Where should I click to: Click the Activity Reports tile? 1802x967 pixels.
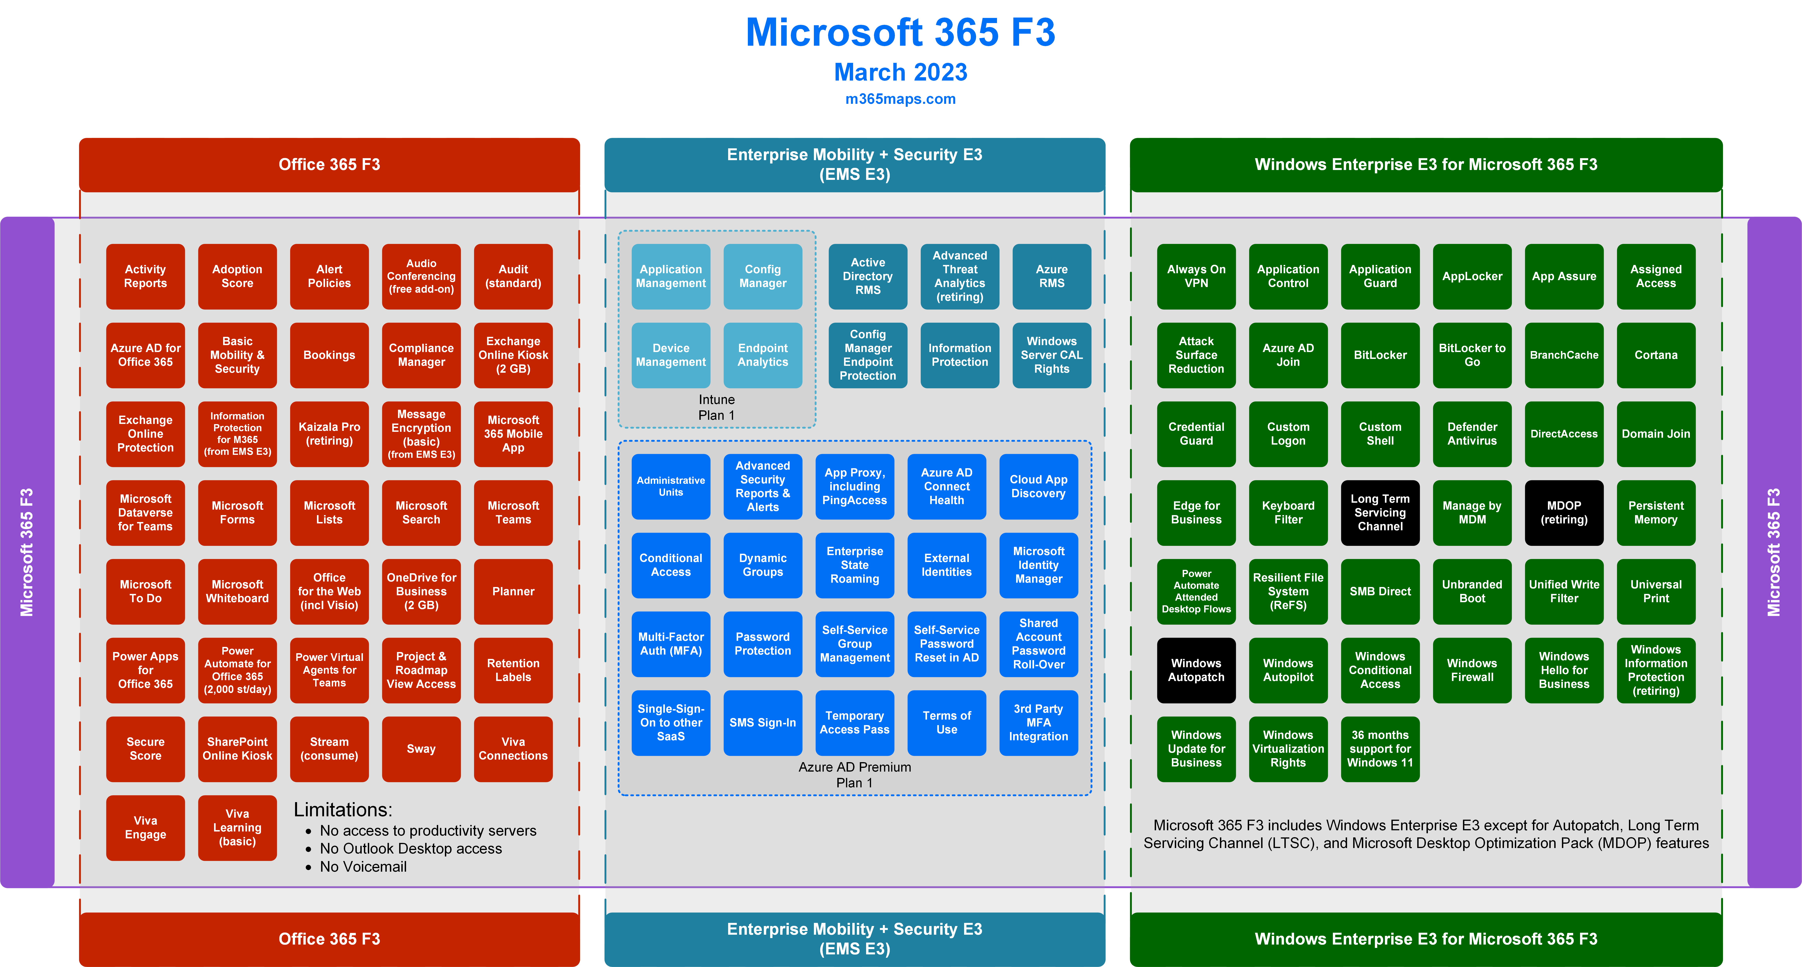(x=145, y=276)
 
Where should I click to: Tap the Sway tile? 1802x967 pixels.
(x=421, y=749)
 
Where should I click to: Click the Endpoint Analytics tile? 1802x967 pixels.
(x=762, y=355)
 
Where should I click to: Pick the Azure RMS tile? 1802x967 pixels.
(x=1051, y=276)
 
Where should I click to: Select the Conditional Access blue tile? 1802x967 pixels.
(x=671, y=565)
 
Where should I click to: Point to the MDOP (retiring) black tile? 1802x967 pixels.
(x=1564, y=513)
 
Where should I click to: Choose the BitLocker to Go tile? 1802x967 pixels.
(x=1472, y=355)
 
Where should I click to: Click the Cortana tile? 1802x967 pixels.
(x=1656, y=355)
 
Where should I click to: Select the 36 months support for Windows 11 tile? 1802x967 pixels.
(x=1380, y=749)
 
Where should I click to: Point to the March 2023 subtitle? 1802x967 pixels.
(x=900, y=72)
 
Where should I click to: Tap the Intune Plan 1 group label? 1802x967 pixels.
(x=716, y=407)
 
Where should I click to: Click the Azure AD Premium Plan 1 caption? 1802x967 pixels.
(x=855, y=775)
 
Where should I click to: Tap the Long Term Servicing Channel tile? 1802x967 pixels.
(x=1380, y=513)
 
